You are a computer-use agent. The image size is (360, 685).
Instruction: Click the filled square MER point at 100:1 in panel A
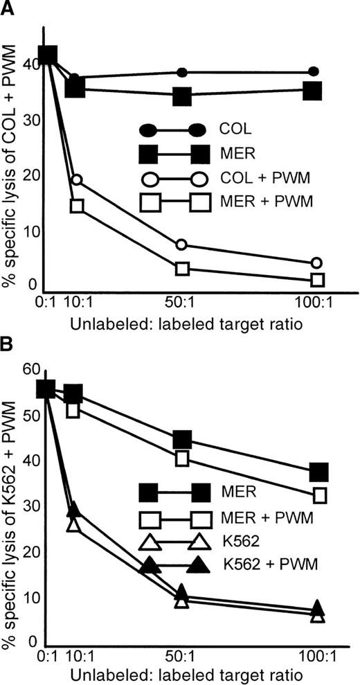[x=313, y=90]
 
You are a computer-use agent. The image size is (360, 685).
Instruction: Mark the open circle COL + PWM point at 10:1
[x=77, y=180]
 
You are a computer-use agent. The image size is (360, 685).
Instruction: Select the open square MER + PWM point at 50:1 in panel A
[x=182, y=268]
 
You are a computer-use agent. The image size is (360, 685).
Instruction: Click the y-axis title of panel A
[x=12, y=161]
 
